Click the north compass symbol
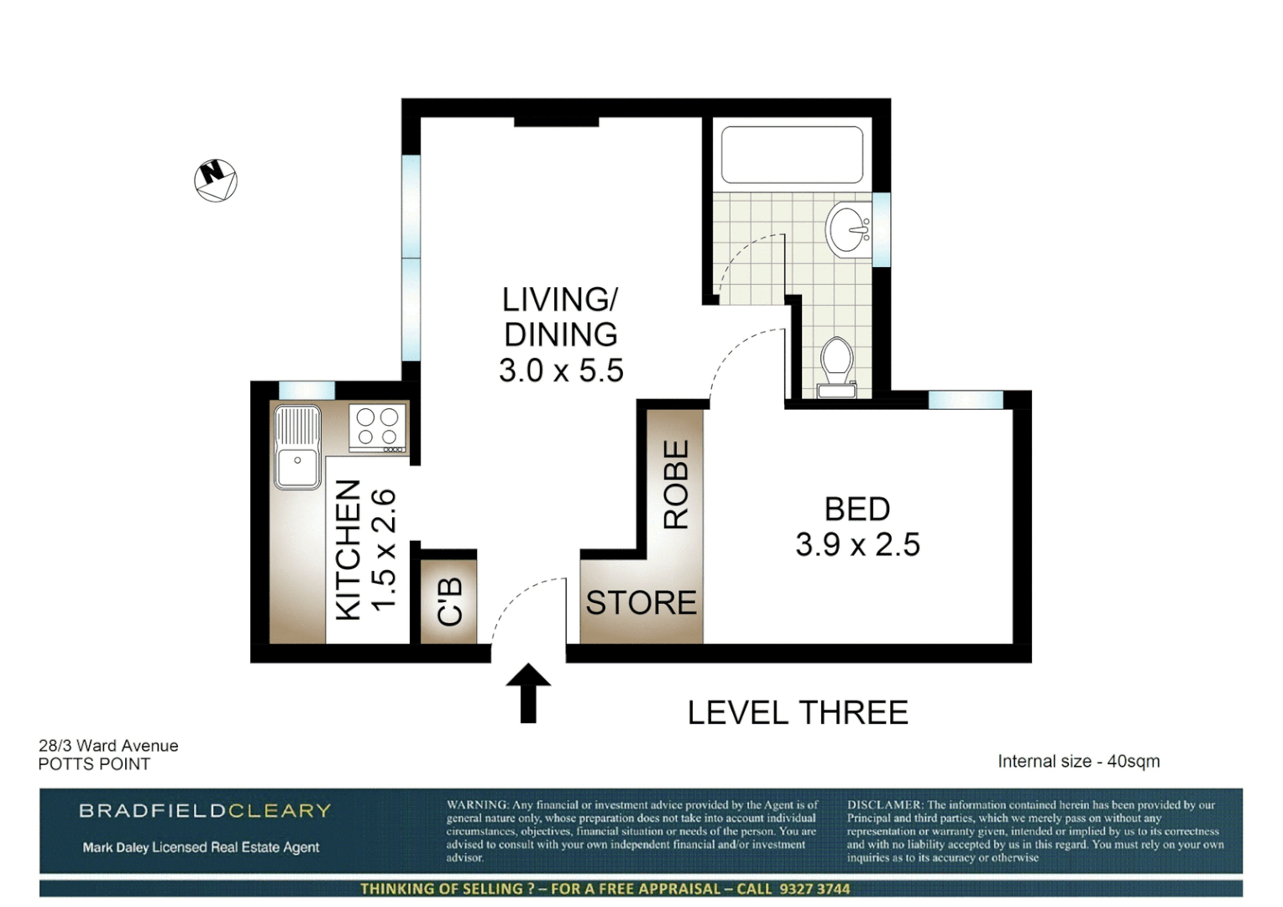[216, 180]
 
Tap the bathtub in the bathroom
[792, 155]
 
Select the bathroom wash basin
[849, 228]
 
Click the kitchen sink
[297, 447]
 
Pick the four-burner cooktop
[378, 427]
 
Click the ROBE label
[676, 485]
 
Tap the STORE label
[641, 603]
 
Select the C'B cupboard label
[450, 601]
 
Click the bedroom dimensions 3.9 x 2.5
[857, 545]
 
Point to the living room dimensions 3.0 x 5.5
[561, 370]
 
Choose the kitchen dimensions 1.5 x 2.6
[383, 549]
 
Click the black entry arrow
[528, 693]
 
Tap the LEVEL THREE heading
[798, 713]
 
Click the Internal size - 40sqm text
[1078, 762]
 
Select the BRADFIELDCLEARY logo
[205, 810]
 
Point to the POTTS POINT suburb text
[94, 764]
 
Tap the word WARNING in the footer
[477, 805]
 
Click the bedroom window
[966, 400]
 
